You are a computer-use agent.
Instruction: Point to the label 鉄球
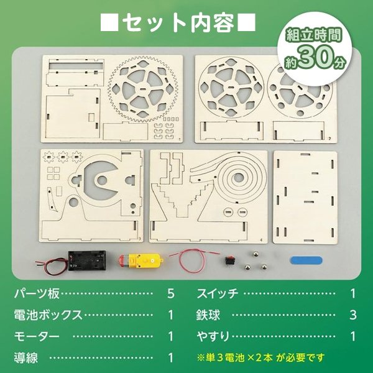click(208, 314)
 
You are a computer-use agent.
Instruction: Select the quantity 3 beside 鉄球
click(353, 315)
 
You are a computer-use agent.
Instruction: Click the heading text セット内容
click(178, 23)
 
